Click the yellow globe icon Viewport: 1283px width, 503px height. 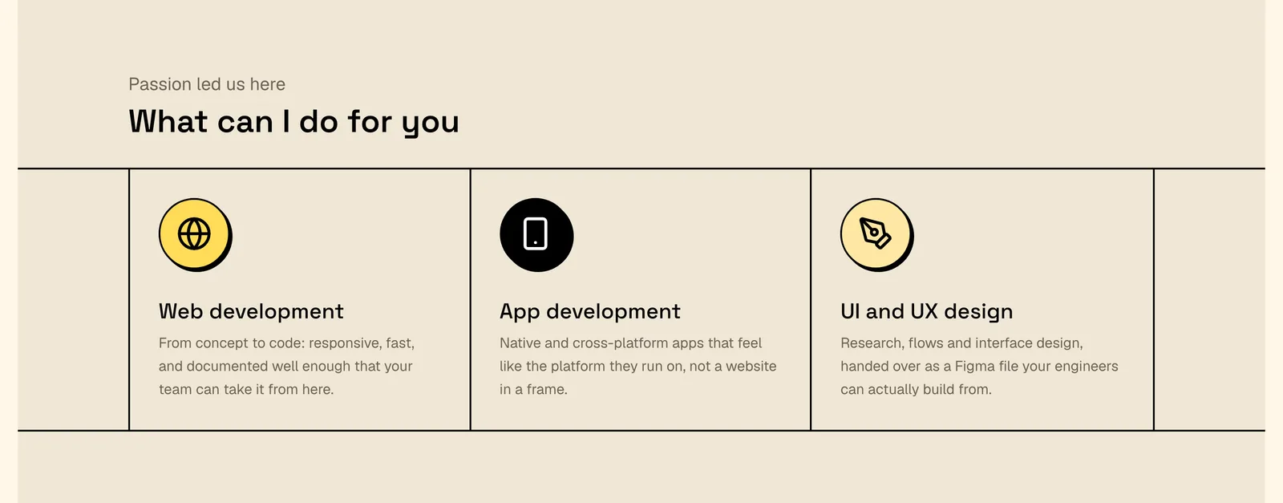click(x=196, y=235)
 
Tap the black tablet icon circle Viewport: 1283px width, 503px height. click(x=536, y=235)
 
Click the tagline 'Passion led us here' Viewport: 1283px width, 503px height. click(x=207, y=84)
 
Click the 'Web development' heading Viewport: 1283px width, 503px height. click(x=251, y=311)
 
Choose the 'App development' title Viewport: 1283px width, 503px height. click(x=590, y=311)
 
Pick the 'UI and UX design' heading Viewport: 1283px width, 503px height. click(x=927, y=311)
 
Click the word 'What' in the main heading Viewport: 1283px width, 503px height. click(x=168, y=121)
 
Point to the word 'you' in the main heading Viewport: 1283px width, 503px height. click(x=430, y=124)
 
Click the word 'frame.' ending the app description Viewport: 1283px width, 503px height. click(x=547, y=390)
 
